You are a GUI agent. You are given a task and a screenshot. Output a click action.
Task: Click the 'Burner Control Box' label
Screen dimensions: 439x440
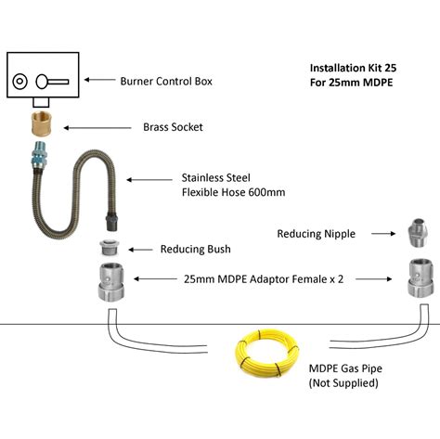(x=166, y=82)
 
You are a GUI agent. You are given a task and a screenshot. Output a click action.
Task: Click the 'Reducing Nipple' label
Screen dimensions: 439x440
(x=317, y=234)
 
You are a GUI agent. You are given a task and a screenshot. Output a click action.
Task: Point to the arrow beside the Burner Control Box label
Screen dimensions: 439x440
(x=97, y=82)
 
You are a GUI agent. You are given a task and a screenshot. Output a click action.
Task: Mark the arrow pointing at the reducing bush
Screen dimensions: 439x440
(x=140, y=249)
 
